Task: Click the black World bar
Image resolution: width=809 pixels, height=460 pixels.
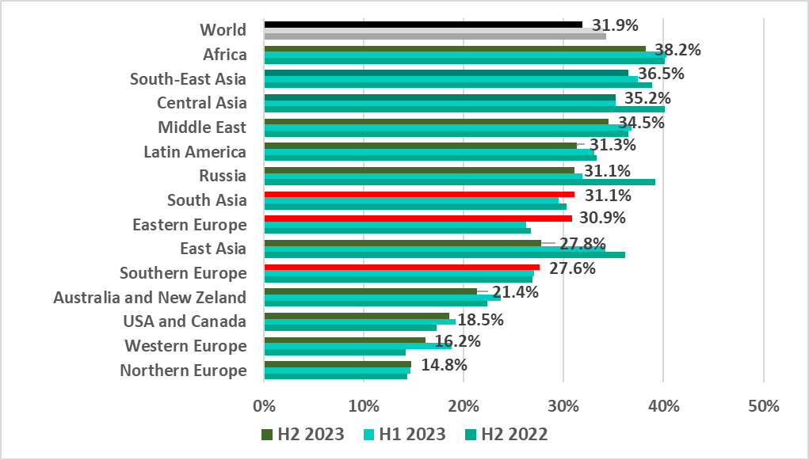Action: click(x=422, y=25)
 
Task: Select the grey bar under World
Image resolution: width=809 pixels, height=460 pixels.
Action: click(x=434, y=36)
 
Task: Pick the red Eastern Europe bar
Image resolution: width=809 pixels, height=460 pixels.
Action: click(x=418, y=219)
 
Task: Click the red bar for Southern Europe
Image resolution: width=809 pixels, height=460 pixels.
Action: click(x=401, y=267)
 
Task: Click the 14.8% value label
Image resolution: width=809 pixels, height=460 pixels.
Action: click(x=444, y=366)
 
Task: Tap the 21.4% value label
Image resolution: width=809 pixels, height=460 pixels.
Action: click(x=515, y=293)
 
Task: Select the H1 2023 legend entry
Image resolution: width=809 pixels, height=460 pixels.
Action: click(x=406, y=435)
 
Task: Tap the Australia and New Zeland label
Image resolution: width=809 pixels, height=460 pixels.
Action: click(x=150, y=298)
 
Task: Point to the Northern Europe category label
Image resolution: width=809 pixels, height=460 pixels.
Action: click(x=183, y=371)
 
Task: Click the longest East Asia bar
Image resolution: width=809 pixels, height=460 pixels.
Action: click(x=444, y=255)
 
